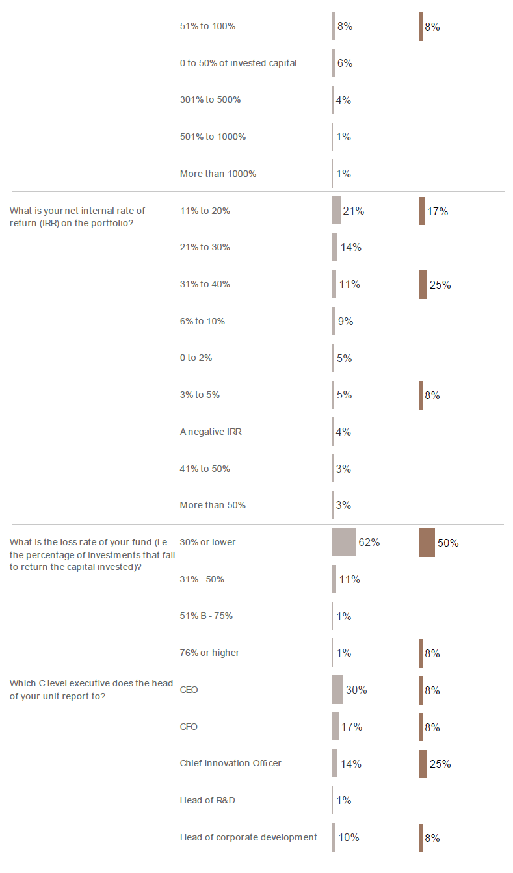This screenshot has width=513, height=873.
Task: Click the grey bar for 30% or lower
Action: (x=343, y=542)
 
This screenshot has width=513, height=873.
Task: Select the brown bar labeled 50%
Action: (x=427, y=542)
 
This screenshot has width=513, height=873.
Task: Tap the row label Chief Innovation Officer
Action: (x=231, y=763)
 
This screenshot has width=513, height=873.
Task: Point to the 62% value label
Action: (x=369, y=542)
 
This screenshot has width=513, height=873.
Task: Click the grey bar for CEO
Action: (x=337, y=690)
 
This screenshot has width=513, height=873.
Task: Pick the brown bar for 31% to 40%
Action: (x=423, y=284)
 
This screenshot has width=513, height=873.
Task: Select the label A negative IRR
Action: (x=211, y=432)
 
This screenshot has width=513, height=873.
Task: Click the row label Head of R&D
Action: (x=207, y=800)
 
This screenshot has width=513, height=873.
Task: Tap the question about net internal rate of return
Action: (x=77, y=216)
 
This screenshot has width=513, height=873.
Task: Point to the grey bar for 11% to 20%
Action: (x=335, y=211)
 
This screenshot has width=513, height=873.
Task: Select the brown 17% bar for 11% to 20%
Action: (x=421, y=211)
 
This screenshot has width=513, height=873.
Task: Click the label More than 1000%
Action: (x=218, y=174)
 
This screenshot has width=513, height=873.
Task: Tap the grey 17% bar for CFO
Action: (x=335, y=727)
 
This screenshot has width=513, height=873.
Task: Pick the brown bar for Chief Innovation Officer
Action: (x=423, y=764)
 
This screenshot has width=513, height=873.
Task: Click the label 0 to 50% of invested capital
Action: (x=238, y=63)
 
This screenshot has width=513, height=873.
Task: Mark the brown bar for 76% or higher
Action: (x=420, y=653)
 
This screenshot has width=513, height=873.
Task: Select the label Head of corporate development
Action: (x=248, y=837)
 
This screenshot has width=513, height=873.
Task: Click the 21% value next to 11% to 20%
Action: (x=353, y=211)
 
